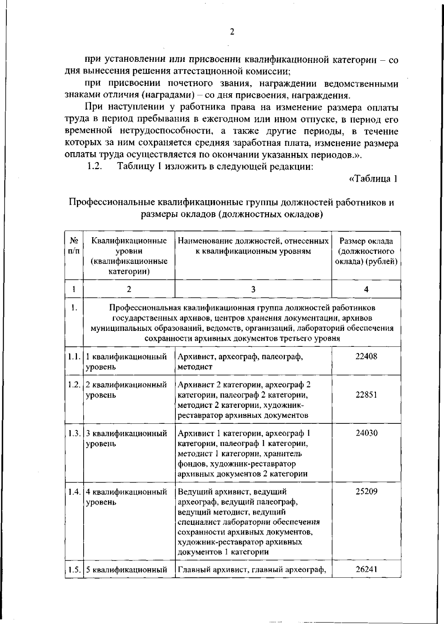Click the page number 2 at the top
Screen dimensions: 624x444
[x=232, y=32]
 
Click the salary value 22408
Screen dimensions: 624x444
[x=366, y=357]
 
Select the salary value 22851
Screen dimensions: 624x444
[x=366, y=395]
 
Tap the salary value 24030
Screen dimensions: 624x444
[x=366, y=433]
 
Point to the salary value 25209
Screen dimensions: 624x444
[x=366, y=492]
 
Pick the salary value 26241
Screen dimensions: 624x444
[x=366, y=569]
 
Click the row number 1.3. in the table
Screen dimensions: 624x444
[x=74, y=433]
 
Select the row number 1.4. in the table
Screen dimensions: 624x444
[x=74, y=492]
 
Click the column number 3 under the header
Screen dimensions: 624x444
[x=253, y=289]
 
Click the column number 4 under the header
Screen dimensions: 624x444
[x=366, y=289]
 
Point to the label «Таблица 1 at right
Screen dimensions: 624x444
[x=373, y=179]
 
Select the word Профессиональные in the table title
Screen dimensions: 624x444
[x=112, y=202]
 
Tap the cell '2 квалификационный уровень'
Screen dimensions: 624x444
[x=126, y=390]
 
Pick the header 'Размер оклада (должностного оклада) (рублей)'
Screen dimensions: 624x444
[x=366, y=252]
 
